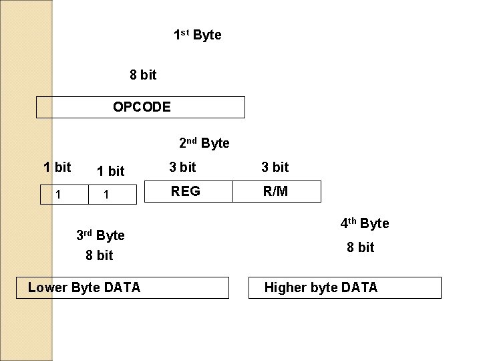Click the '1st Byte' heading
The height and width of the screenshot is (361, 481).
coord(197,35)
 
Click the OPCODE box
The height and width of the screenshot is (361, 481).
coord(141,107)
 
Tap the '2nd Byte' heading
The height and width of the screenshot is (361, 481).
coord(204,143)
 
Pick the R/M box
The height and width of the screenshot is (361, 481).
coord(275,191)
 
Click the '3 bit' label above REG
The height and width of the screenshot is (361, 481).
coord(182,167)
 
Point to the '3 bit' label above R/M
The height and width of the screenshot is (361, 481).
coord(275,167)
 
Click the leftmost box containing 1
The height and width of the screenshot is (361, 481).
coord(61,195)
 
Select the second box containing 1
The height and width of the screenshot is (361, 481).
coord(112,195)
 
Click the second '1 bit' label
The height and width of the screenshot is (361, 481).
coord(110,171)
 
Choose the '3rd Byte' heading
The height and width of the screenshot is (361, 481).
coord(100,235)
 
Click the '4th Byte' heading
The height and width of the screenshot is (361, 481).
coord(364,223)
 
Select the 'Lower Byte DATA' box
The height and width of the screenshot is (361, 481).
coord(127,287)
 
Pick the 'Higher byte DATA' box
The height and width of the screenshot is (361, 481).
coord(344,287)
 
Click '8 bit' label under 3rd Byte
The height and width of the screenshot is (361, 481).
coord(99,255)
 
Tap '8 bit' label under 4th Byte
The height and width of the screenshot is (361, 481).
coord(360,247)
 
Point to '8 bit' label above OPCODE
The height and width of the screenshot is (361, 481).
coord(143,75)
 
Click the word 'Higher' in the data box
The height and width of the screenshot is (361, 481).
coord(285,287)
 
